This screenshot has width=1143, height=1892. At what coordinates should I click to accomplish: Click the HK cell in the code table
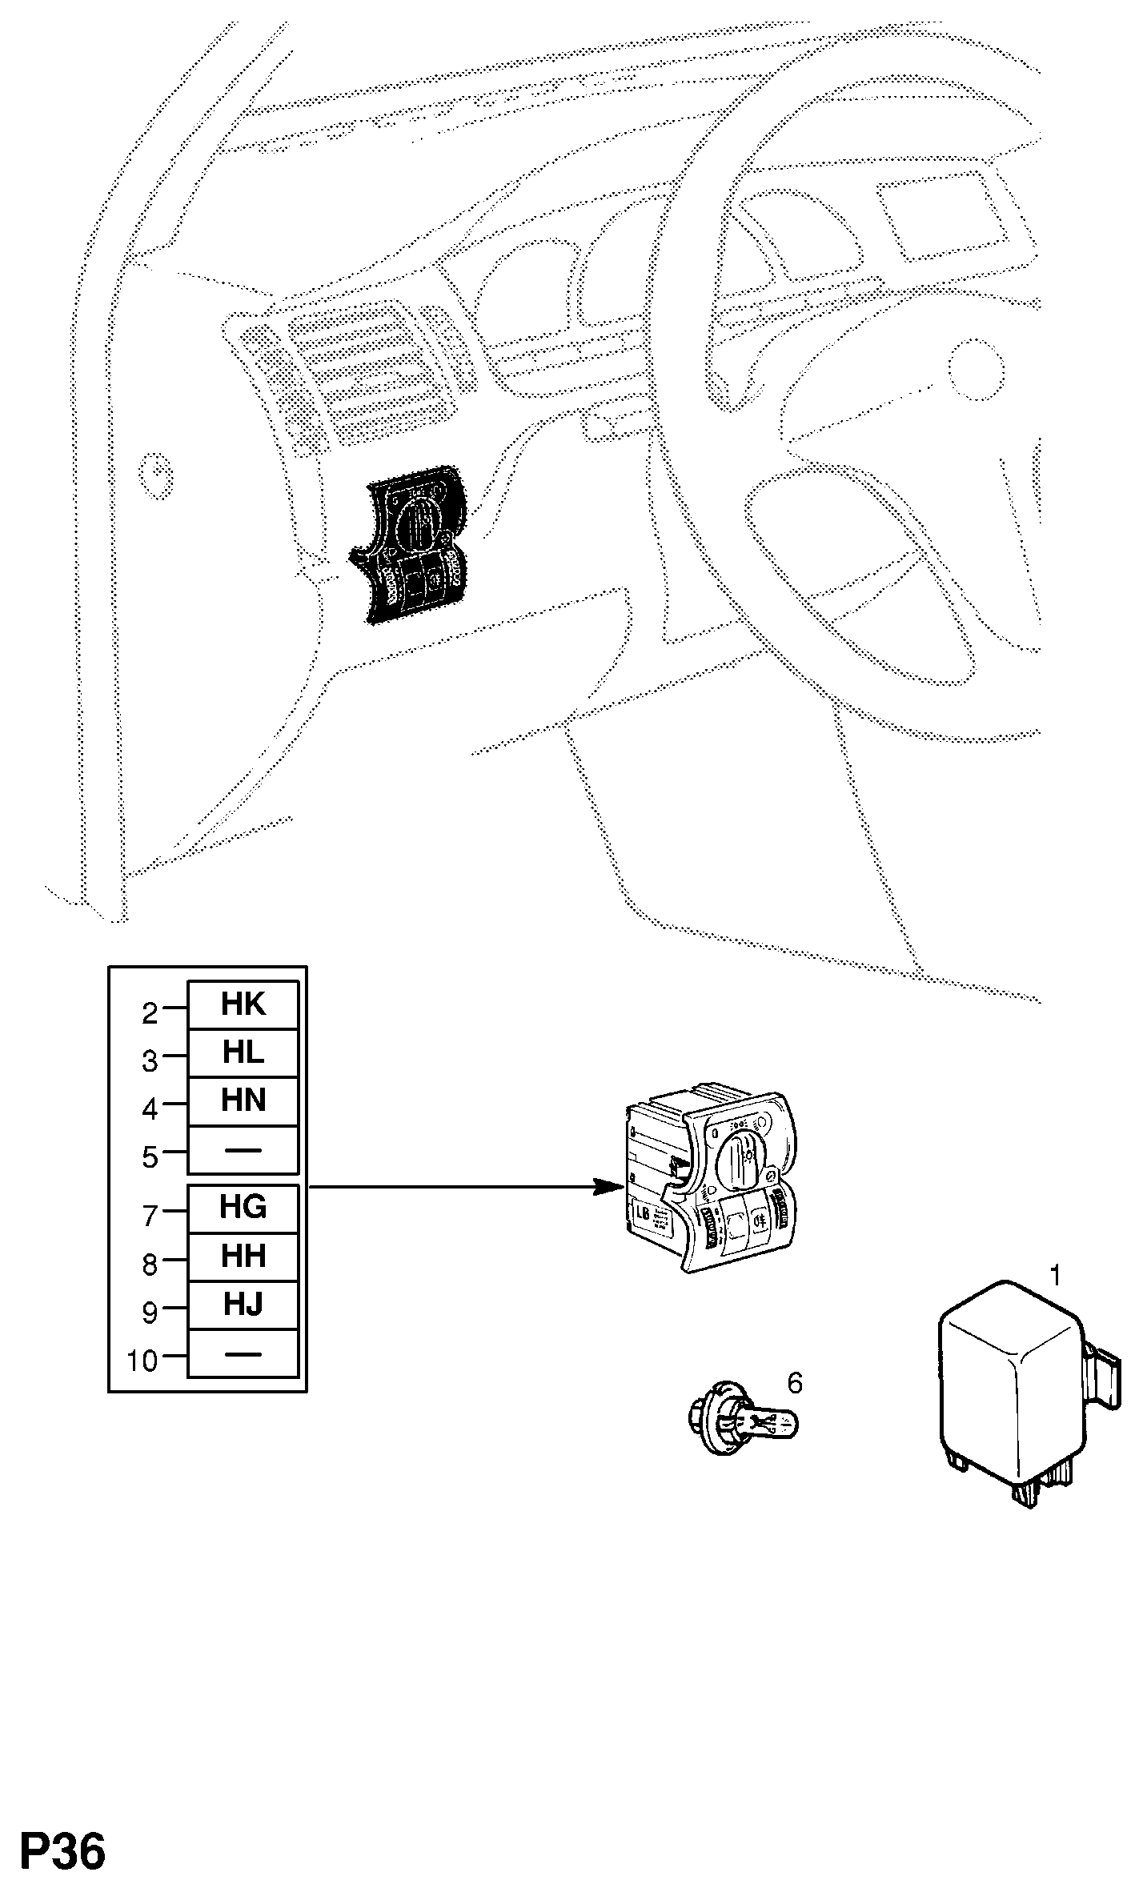(243, 1005)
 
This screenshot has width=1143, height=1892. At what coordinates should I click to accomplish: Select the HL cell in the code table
(243, 1053)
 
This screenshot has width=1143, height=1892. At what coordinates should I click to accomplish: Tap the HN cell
(243, 1101)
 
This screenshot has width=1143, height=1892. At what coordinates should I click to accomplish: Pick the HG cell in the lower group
(243, 1208)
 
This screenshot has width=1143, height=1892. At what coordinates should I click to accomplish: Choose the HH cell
(243, 1257)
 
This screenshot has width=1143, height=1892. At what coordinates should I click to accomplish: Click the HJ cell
(243, 1305)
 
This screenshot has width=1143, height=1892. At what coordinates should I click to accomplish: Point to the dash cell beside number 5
(243, 1150)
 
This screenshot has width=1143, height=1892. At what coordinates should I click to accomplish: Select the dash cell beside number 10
(243, 1354)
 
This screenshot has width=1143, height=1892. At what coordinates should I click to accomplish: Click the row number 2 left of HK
(150, 1014)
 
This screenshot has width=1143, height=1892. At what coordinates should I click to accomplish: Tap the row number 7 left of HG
(150, 1217)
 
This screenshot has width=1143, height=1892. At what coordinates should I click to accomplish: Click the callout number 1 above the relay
(1056, 1275)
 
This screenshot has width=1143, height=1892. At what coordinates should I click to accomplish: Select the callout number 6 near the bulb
(795, 1382)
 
